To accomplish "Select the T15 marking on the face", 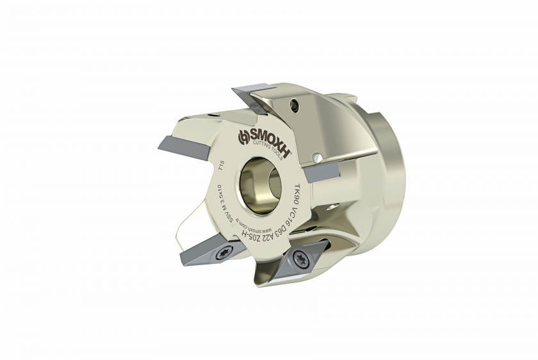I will pyautogui.click(x=220, y=170).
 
